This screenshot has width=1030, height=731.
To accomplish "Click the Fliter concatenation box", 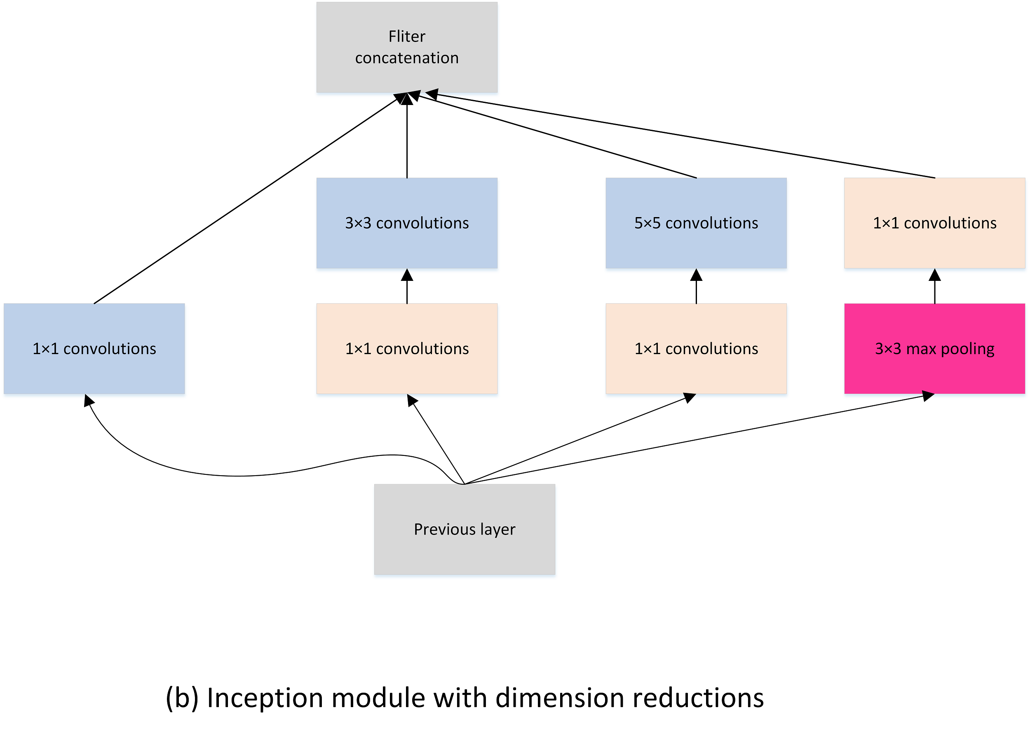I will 407,47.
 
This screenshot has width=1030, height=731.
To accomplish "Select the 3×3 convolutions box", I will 407,223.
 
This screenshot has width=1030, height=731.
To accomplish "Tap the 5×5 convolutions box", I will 696,223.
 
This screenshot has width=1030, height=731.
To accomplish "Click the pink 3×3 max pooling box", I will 934,348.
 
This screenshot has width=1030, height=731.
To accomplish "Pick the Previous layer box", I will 465,529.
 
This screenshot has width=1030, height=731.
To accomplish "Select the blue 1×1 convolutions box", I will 94,348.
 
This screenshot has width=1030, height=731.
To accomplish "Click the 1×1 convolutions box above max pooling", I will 934,223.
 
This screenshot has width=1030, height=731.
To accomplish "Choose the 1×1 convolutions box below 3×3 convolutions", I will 407,348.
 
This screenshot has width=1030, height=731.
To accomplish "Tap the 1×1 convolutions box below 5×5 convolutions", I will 696,348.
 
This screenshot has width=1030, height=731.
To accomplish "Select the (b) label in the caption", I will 182,698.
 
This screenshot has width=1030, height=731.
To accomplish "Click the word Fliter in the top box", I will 407,37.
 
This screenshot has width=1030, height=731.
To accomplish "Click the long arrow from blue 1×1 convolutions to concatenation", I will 246,201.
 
